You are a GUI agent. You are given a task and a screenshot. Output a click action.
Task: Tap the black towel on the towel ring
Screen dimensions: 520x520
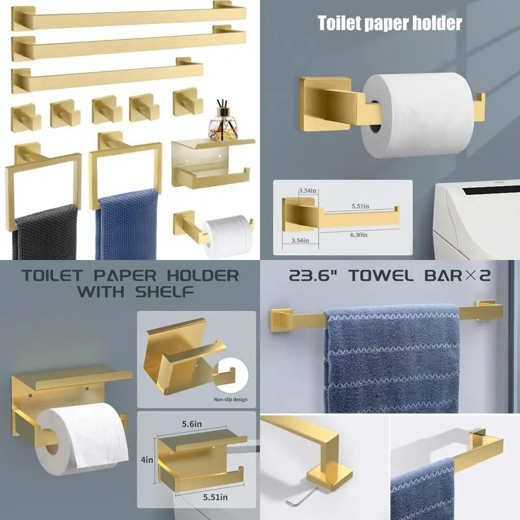tap(45, 231)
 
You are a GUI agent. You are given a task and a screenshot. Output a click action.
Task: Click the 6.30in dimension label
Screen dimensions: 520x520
tap(358, 235)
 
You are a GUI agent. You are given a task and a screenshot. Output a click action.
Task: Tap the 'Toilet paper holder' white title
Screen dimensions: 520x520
tap(389, 23)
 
